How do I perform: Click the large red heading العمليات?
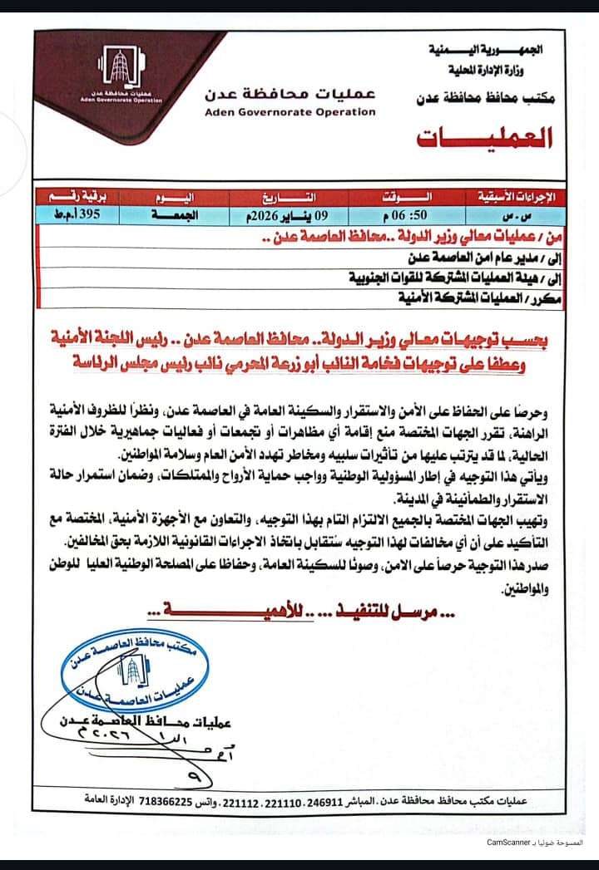pos(485,138)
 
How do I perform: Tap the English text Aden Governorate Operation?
pos(290,111)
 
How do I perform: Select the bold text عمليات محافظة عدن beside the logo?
pos(290,92)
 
